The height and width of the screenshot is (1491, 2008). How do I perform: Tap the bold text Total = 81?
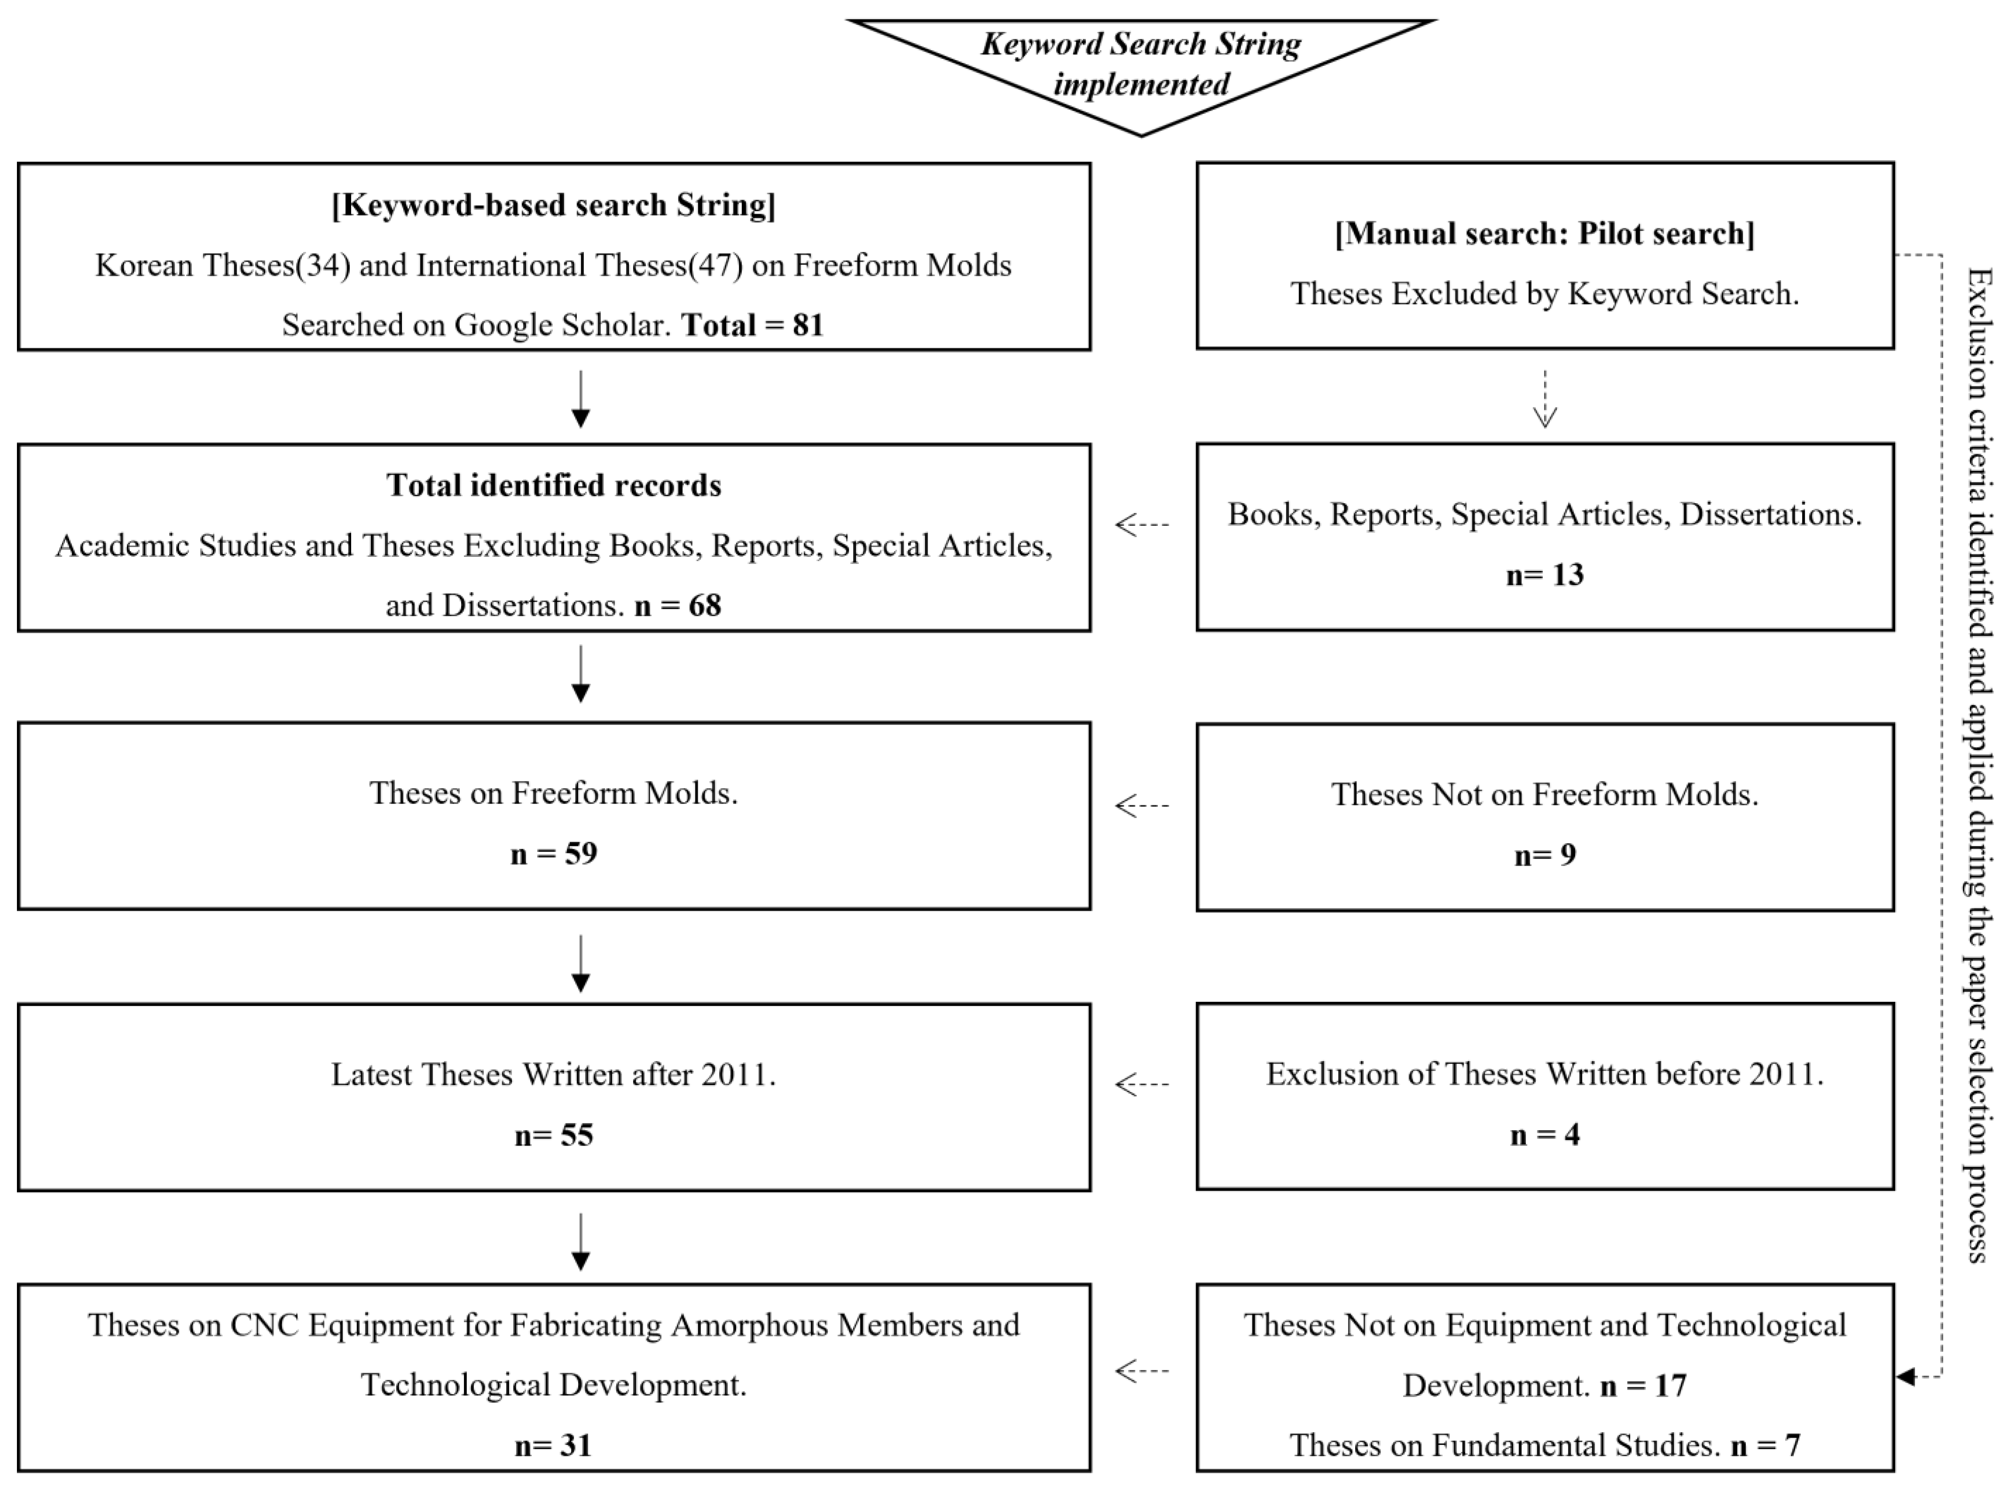[753, 325]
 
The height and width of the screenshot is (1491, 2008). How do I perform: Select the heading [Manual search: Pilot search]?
[1545, 234]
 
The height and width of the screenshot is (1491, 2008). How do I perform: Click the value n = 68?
[678, 606]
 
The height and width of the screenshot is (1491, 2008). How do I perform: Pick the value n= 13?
[1545, 575]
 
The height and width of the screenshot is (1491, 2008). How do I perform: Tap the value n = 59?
[553, 854]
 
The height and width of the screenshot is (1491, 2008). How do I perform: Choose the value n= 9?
[1545, 855]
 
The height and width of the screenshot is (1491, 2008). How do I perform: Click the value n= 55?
[553, 1135]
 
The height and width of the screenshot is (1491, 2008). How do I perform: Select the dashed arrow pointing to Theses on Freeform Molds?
[1142, 805]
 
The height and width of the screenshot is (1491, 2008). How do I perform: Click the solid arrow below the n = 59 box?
[580, 963]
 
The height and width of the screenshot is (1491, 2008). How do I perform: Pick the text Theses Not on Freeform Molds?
[1545, 794]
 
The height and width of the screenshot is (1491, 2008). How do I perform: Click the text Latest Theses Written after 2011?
[553, 1075]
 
